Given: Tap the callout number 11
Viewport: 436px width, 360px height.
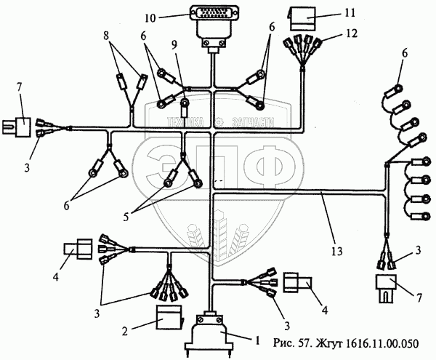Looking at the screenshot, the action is pyautogui.click(x=330, y=13).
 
